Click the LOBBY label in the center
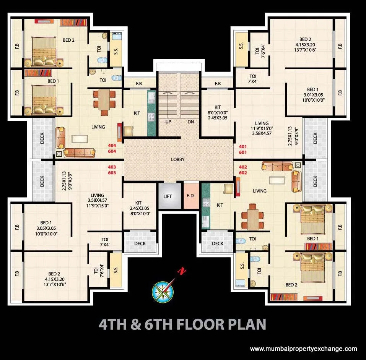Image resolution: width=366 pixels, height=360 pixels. (x=178, y=159)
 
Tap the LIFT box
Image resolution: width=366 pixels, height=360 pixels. (x=168, y=196)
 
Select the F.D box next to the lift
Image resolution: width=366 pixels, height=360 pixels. (x=190, y=196)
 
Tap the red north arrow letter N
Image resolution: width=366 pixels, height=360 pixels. (x=182, y=271)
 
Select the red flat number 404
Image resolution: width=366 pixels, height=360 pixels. (x=112, y=145)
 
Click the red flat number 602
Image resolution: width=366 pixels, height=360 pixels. (x=243, y=173)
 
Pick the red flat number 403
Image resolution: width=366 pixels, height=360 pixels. (x=112, y=167)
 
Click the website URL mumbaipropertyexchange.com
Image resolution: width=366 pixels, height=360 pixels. (x=304, y=349)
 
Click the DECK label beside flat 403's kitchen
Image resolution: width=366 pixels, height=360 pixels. (x=140, y=243)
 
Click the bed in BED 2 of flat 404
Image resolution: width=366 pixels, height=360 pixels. (x=43, y=52)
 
